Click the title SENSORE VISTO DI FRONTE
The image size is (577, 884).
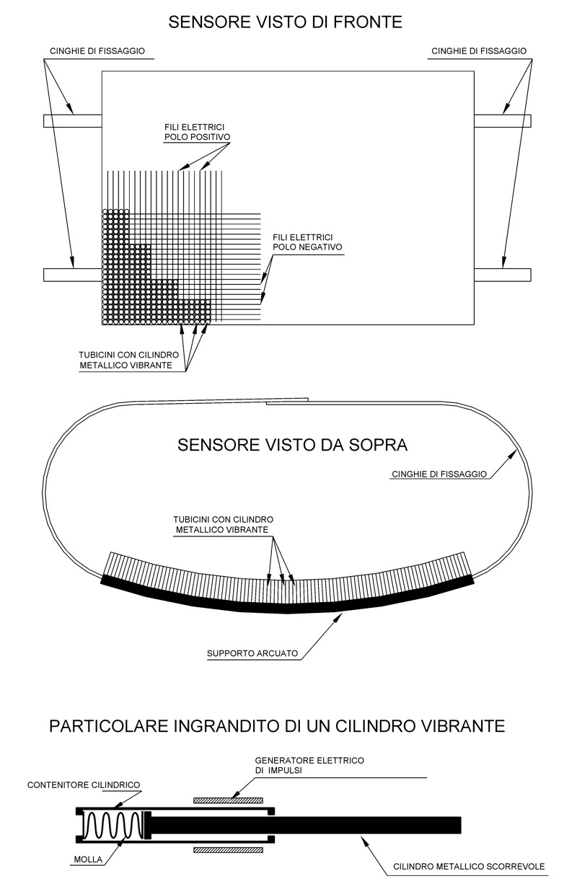[285, 22]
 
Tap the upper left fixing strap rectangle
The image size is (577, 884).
[73, 120]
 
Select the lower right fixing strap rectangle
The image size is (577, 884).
[503, 275]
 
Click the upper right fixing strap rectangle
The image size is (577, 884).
[503, 120]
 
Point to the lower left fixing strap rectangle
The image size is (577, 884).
[73, 275]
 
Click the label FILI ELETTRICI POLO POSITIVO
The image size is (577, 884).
[198, 132]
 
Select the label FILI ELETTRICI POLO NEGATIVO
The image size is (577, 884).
[307, 242]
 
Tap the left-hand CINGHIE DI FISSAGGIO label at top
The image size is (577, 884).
[97, 51]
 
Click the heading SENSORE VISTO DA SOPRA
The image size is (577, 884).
[292, 445]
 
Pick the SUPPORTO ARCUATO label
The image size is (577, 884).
[252, 653]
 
